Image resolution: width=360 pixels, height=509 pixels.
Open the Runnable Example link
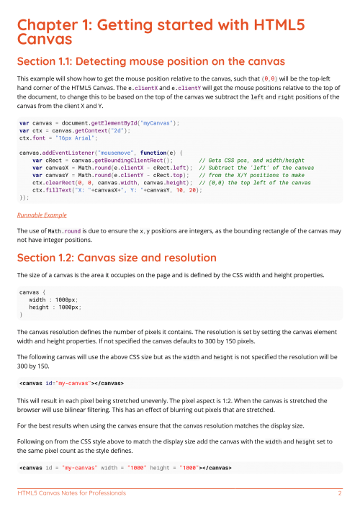coord(41,215)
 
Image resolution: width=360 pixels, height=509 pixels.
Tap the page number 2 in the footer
coord(339,494)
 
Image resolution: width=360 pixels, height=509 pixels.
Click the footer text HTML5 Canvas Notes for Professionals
coord(71,494)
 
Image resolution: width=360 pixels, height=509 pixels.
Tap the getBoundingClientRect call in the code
coord(131,161)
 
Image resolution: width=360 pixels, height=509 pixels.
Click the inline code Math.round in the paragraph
coord(63,230)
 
